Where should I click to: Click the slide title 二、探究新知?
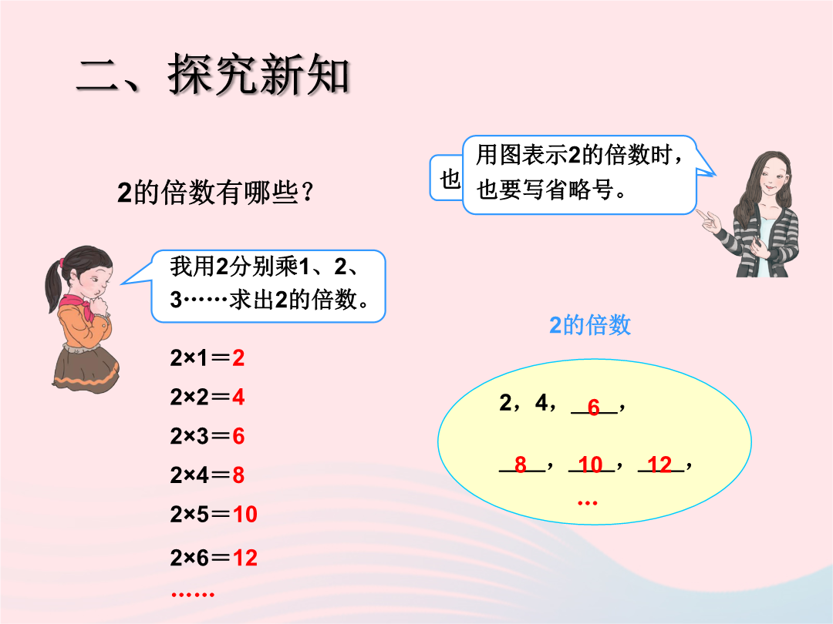(213, 75)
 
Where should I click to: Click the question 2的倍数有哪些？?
(215, 193)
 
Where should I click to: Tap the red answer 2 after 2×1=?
(238, 358)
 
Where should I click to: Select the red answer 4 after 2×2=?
(238, 397)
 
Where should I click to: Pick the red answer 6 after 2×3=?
(238, 436)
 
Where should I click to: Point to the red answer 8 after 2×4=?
(238, 475)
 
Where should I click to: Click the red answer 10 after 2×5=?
(245, 514)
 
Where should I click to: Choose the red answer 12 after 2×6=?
(245, 558)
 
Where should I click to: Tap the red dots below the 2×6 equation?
(193, 594)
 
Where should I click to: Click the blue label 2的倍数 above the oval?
(590, 325)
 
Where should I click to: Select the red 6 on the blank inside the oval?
(593, 407)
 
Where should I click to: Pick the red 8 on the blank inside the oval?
(520, 465)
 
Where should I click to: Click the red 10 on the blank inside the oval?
(590, 465)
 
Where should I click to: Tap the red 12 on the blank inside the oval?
(659, 465)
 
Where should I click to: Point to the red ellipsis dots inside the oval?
(587, 502)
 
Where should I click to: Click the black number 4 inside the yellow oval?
(541, 403)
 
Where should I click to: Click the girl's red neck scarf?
(79, 307)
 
